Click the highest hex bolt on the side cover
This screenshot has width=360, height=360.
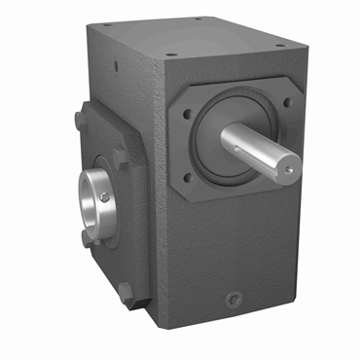(x=77, y=121)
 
